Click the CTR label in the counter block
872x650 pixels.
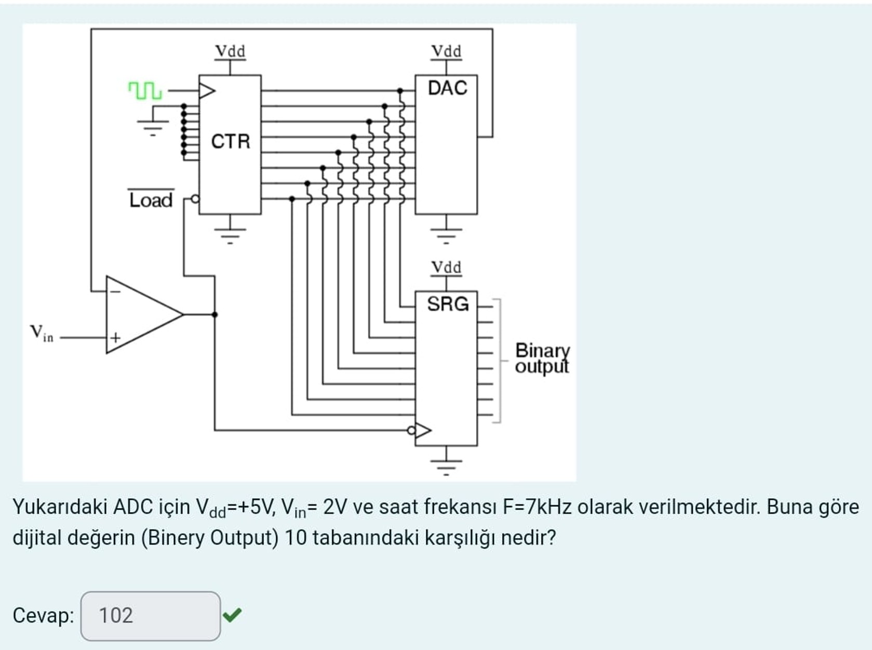(230, 141)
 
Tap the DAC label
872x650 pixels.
(447, 88)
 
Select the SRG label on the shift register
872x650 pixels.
(447, 304)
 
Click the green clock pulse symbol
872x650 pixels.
(145, 91)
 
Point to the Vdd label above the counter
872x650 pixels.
(230, 51)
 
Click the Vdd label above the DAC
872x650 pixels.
(446, 51)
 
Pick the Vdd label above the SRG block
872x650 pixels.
(446, 268)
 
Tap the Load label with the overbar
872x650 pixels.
(151, 200)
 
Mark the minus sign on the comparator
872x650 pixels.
(115, 291)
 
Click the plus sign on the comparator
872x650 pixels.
(115, 338)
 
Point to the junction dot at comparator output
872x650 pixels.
(214, 314)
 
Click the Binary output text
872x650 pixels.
(542, 358)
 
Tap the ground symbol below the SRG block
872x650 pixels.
(446, 466)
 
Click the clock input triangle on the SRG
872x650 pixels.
(423, 430)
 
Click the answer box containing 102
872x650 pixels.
(151, 616)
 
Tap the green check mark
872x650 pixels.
(232, 615)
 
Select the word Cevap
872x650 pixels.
(43, 616)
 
